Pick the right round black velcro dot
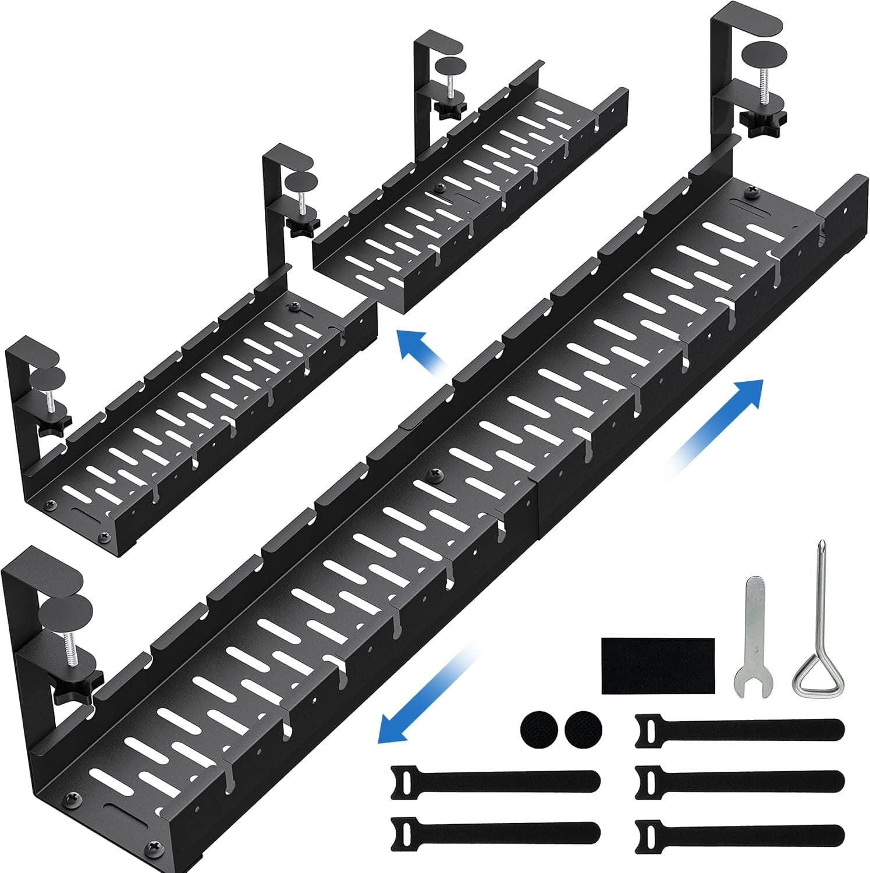584,729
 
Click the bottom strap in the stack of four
739,832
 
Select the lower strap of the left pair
495,832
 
